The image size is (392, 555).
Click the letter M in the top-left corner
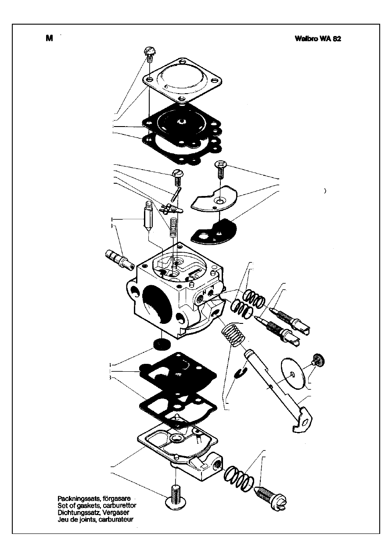point(49,38)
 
